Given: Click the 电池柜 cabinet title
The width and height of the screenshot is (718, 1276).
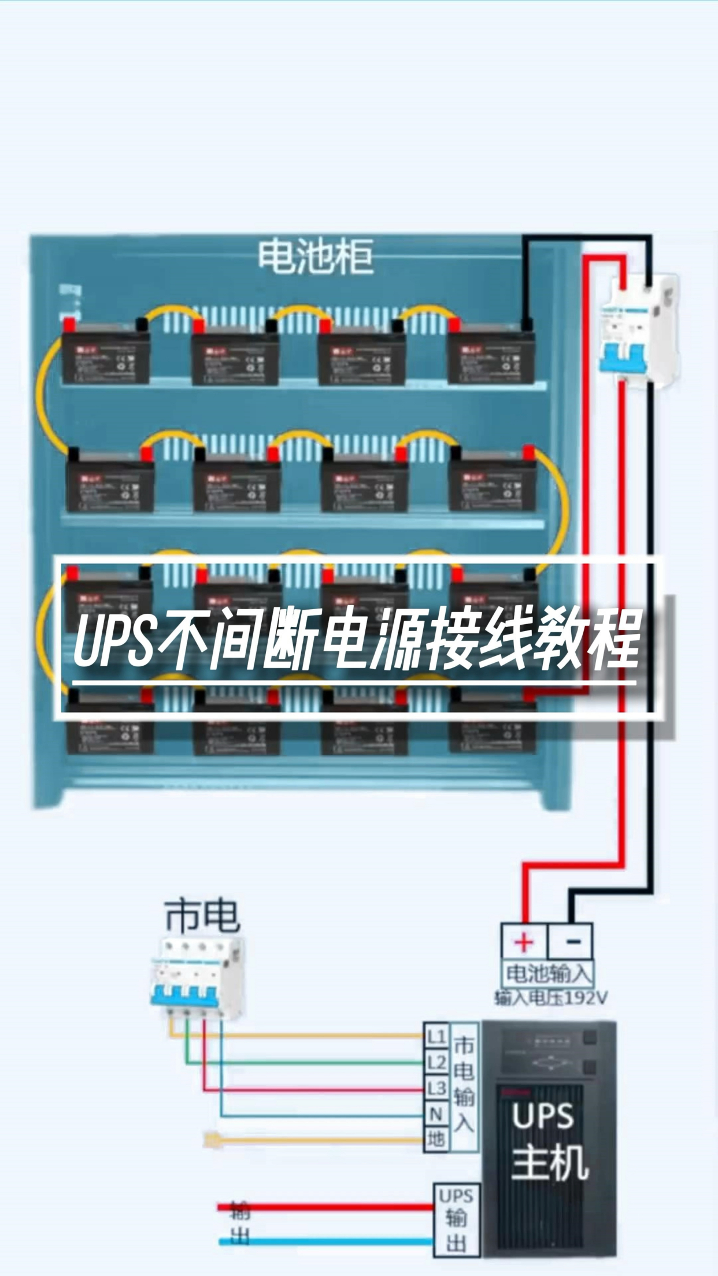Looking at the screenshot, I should pos(315,257).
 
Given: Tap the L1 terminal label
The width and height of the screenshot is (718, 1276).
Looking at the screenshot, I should pos(436,1037).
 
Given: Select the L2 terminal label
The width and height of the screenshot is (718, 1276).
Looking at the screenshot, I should pos(436,1063).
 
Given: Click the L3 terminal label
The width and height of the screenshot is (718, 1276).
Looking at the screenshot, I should pos(436,1088).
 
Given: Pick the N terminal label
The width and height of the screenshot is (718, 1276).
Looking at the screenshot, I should pos(436,1114).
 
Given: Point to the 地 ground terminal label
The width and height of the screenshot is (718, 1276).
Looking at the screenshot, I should pos(436,1139).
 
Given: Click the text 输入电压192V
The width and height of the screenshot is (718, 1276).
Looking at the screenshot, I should pos(550,998).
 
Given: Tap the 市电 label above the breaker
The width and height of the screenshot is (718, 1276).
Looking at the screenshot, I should pos(201,915).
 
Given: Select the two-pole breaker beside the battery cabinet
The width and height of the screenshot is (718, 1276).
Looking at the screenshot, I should pos(636,329).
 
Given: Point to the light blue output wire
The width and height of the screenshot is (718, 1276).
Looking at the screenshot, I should pos(324,1241).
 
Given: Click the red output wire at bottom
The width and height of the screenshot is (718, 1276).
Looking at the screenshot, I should pos(324,1207).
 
